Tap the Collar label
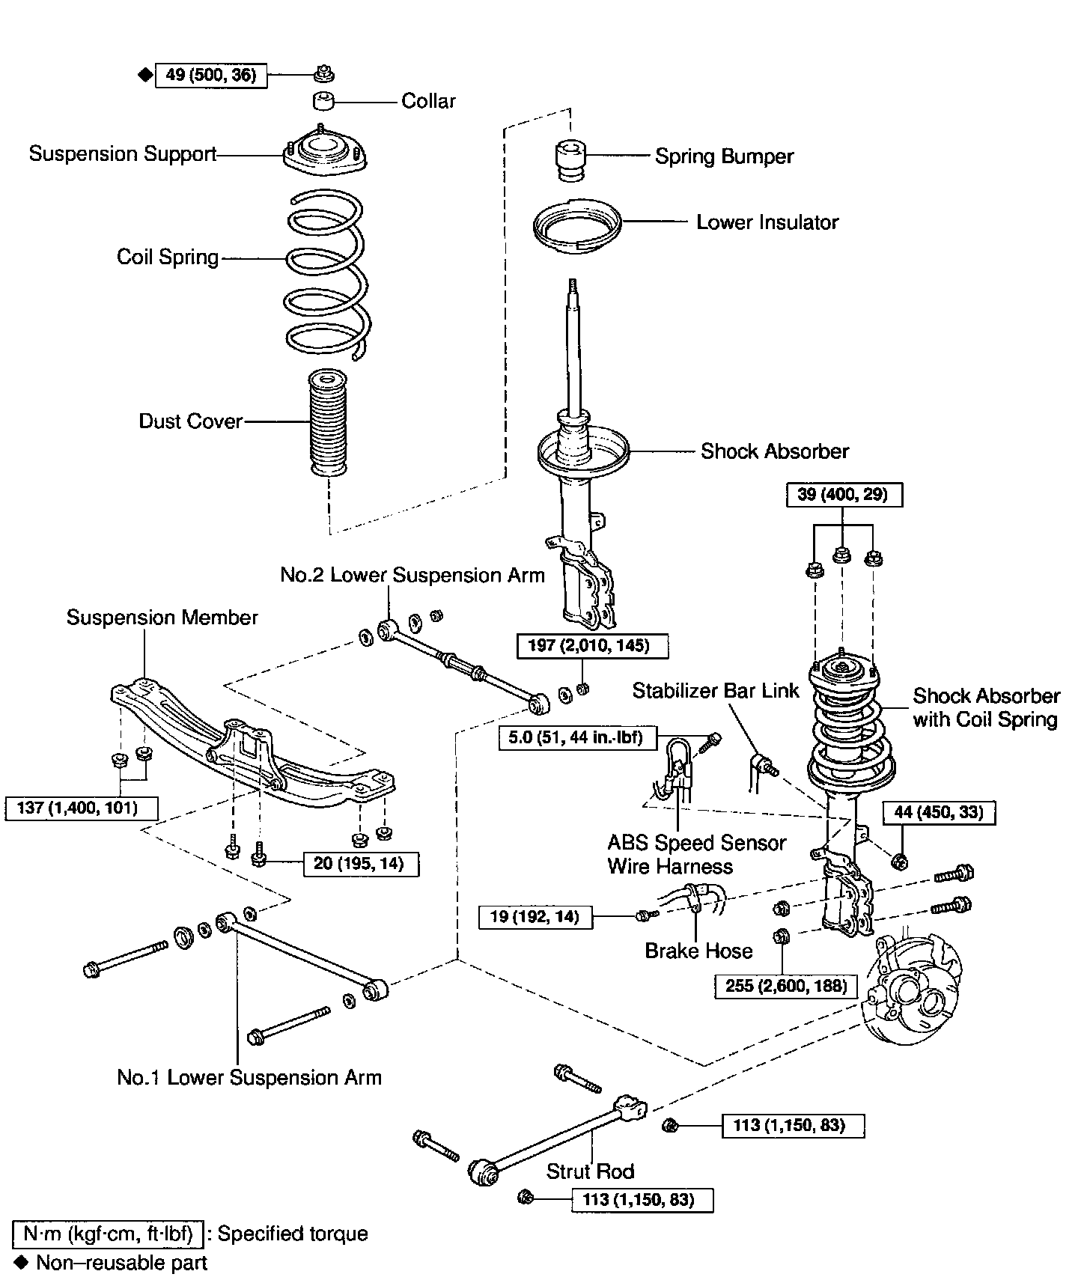coord(428,101)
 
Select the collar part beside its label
coord(323,100)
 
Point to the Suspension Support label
coord(123,154)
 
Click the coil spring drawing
coord(326,273)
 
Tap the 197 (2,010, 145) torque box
coord(592,645)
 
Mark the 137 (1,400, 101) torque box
coord(82,808)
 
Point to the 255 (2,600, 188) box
coord(785,986)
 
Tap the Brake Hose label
coord(698,951)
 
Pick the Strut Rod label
coord(590,1171)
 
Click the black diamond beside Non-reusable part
coord(22,1263)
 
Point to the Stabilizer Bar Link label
coord(716,691)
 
